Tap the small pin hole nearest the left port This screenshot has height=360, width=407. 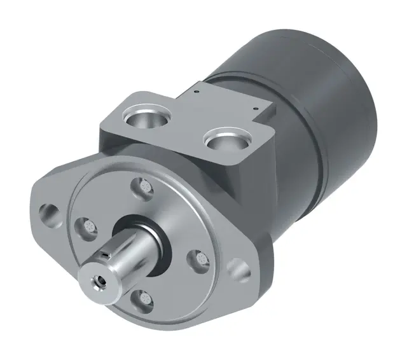tap(198, 90)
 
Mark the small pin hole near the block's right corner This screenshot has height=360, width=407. tap(256, 109)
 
